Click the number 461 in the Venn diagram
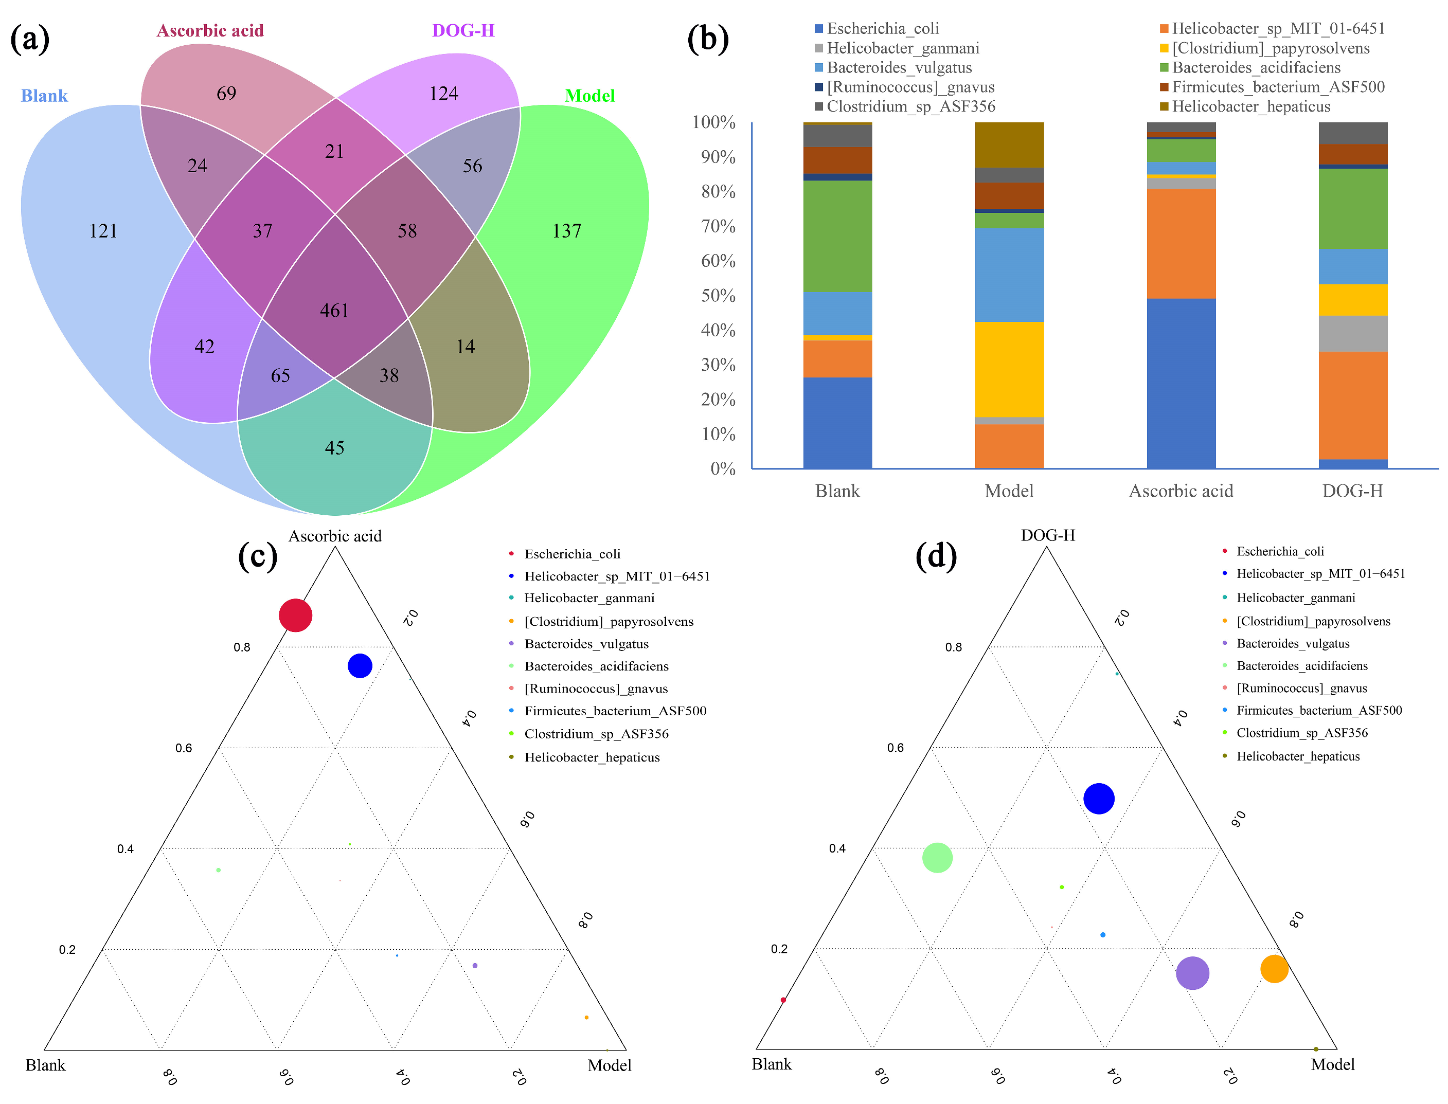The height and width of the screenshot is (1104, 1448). [x=334, y=310]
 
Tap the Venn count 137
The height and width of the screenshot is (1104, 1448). [x=566, y=231]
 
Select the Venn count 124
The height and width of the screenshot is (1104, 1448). [x=444, y=93]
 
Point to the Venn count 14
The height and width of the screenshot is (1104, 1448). [x=466, y=346]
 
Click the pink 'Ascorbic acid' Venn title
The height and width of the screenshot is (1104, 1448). [x=210, y=31]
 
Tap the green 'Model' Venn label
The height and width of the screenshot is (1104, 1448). [x=589, y=96]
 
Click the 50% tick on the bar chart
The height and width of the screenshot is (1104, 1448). [x=717, y=296]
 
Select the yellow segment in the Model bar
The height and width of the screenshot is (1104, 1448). [x=1009, y=369]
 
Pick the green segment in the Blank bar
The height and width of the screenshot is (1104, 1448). [x=837, y=236]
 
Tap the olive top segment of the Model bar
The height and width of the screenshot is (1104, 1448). [x=1009, y=144]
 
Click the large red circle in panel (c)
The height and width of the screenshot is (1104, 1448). [x=296, y=615]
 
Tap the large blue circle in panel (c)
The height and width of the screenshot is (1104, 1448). [x=360, y=666]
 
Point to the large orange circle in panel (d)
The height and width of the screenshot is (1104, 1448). [x=1274, y=969]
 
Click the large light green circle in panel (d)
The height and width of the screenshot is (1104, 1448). [x=937, y=858]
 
